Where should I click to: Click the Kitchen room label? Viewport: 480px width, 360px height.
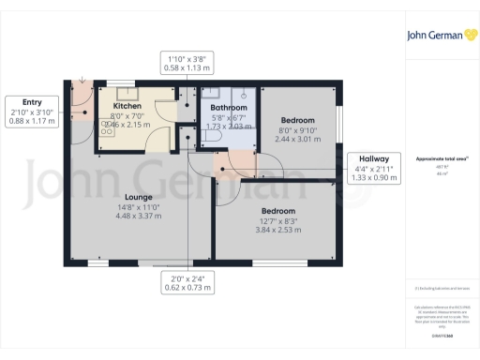point(127,106)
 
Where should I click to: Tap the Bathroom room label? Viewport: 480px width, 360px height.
point(229,108)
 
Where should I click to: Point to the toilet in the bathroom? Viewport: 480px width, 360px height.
point(211,136)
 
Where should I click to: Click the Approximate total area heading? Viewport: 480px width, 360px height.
point(441,158)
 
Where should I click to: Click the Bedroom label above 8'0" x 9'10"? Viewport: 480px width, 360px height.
point(297,119)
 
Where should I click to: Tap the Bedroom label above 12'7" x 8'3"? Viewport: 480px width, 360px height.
point(278,211)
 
